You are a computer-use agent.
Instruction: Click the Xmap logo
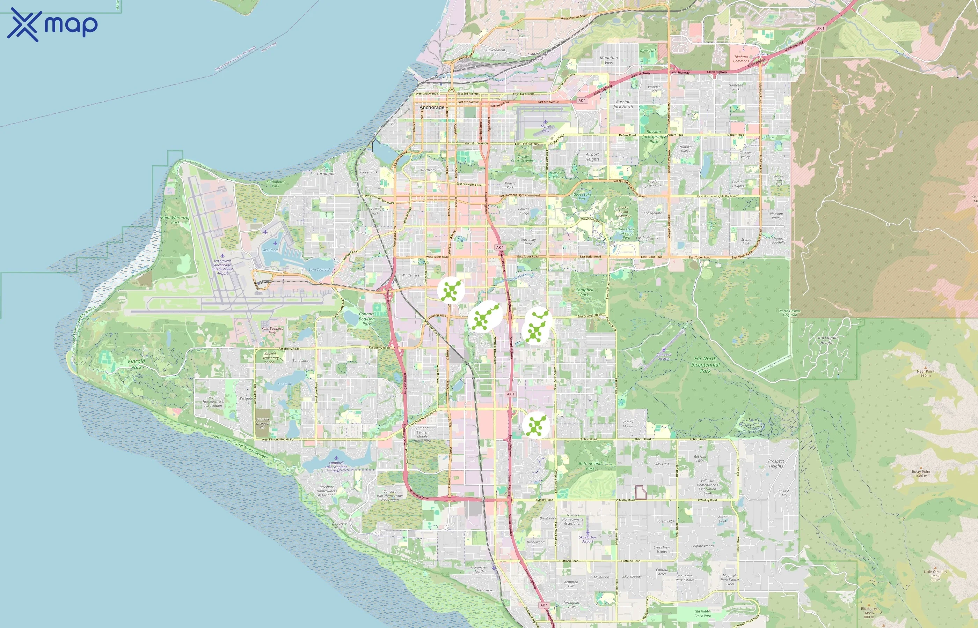[52, 25]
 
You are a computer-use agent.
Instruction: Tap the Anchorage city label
[432, 107]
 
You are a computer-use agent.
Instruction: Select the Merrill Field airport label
[545, 128]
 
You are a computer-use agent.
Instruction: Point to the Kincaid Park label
[136, 364]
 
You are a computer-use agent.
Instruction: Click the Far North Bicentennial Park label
[705, 365]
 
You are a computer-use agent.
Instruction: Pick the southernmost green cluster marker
[535, 425]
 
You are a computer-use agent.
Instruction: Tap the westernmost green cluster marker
[451, 290]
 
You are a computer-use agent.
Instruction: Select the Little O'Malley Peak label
[935, 575]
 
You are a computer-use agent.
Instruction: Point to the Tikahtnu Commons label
[741, 59]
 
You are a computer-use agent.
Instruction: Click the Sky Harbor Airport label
[587, 539]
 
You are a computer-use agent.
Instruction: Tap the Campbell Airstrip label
[664, 357]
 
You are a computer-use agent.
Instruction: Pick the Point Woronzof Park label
[176, 220]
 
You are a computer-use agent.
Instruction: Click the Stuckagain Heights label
[827, 340]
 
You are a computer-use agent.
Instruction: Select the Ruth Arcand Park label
[590, 466]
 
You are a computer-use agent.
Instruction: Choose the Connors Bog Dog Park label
[366, 319]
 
